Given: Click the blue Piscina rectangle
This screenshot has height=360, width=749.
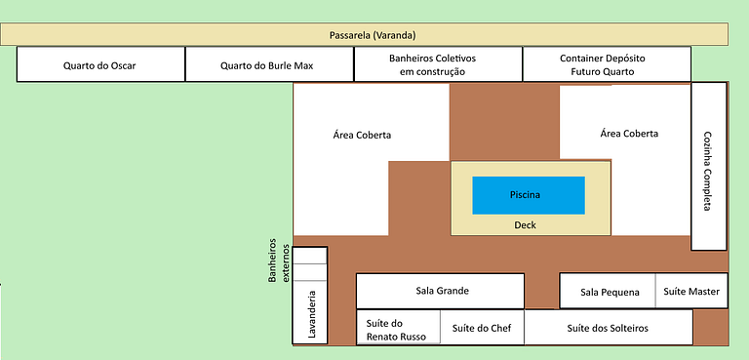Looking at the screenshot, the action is click(529, 195).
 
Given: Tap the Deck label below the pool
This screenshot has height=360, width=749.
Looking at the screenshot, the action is click(525, 225).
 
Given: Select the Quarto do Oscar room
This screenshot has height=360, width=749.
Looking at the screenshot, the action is click(100, 64).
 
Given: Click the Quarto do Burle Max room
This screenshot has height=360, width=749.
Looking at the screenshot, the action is click(269, 64).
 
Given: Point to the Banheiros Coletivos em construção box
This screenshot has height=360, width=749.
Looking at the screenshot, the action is click(438, 64).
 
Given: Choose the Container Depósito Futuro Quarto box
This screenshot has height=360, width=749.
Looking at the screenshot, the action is click(607, 64).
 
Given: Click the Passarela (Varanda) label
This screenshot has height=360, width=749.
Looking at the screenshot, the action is click(373, 35).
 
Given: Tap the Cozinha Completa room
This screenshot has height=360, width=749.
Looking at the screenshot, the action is click(709, 166).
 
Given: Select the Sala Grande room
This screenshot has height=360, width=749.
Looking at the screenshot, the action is click(441, 291).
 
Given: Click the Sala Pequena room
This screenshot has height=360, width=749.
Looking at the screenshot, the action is click(608, 291).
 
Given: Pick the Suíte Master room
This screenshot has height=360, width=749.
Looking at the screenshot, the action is click(691, 291).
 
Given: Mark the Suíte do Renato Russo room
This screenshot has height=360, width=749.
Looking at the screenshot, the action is click(398, 327).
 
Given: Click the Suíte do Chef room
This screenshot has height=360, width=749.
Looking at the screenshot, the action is click(482, 327).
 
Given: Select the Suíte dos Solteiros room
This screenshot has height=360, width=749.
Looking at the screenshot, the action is click(609, 327).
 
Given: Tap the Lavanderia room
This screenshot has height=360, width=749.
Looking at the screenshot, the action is click(310, 312).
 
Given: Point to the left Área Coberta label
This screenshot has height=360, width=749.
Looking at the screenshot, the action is click(362, 136).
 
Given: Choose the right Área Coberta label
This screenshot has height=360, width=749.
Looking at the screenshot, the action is click(629, 134).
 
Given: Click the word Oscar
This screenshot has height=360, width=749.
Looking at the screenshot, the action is click(123, 66).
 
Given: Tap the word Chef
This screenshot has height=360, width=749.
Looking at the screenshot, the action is click(501, 329).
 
